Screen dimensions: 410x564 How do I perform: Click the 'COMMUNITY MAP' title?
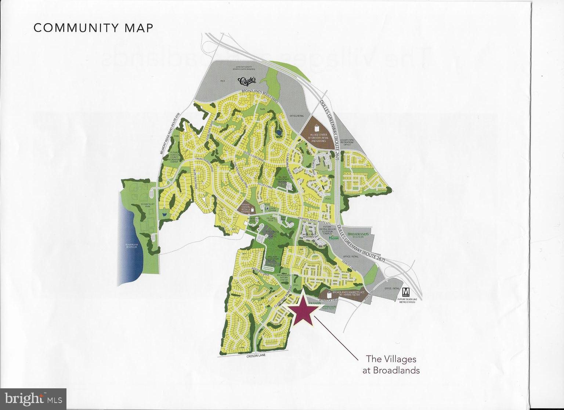point(93,28)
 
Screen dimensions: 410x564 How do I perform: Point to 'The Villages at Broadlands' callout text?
point(391,364)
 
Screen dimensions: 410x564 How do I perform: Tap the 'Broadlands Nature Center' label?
point(283,277)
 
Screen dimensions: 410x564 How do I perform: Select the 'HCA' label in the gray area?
point(222,80)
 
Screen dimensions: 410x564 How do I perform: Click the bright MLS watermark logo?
point(33,399)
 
